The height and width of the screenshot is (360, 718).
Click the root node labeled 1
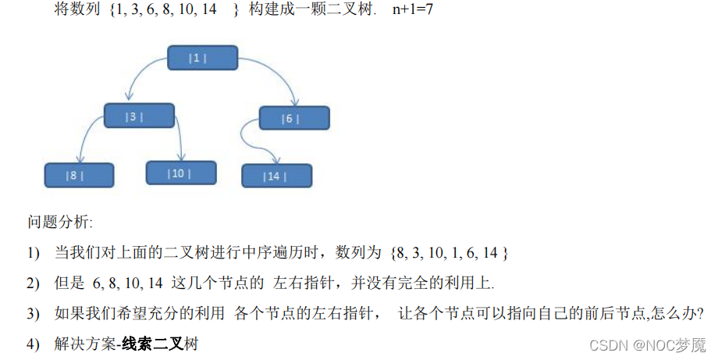pyautogui.click(x=202, y=58)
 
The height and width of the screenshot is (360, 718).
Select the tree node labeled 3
pyautogui.click(x=139, y=116)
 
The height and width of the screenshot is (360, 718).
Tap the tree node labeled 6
pyautogui.click(x=294, y=118)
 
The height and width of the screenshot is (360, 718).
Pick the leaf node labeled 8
pyautogui.click(x=79, y=175)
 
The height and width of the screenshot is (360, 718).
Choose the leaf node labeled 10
pyautogui.click(x=180, y=173)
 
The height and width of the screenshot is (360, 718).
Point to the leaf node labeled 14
pyautogui.click(x=276, y=176)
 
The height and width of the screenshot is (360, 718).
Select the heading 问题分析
pyautogui.click(x=60, y=223)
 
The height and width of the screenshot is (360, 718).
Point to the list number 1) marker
pyautogui.click(x=33, y=252)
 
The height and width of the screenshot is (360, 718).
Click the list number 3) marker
pyautogui.click(x=33, y=313)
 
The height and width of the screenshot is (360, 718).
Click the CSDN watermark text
pyautogui.click(x=647, y=344)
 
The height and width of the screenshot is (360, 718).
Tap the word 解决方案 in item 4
pyautogui.click(x=85, y=344)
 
